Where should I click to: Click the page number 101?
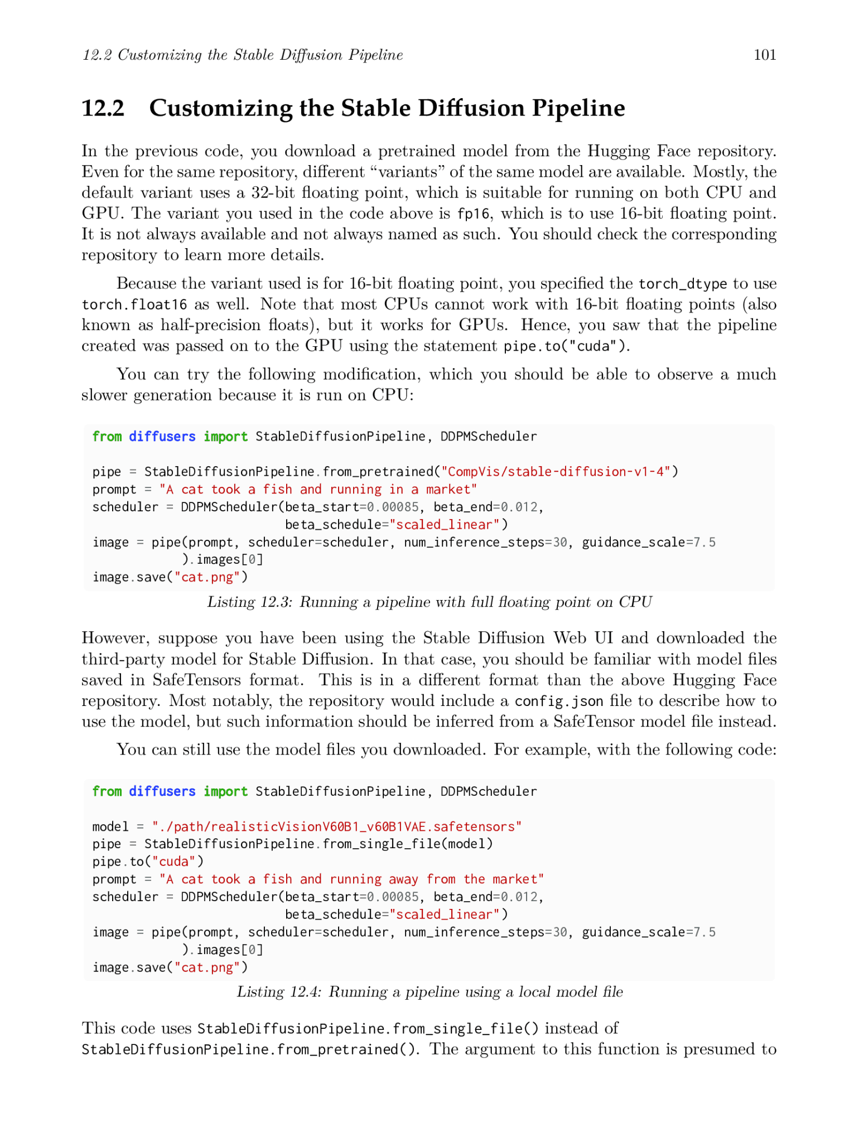coord(765,55)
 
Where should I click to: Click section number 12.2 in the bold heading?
coord(103,108)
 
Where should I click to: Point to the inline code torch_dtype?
coord(683,284)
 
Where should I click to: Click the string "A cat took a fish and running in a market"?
coord(318,490)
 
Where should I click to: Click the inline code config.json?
coord(559,701)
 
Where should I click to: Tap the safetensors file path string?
coord(337,826)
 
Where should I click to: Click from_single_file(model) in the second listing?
coord(408,844)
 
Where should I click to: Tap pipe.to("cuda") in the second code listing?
coord(148,862)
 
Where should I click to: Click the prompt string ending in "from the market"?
coord(351,879)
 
